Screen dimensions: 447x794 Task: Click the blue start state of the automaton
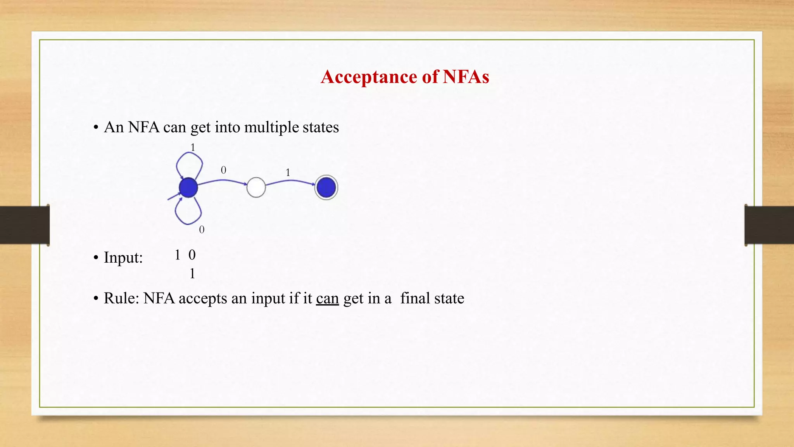tap(188, 187)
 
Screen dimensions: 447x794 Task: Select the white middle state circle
tap(256, 187)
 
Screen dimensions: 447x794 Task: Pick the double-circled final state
tap(326, 187)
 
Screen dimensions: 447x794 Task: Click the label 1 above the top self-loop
tap(193, 147)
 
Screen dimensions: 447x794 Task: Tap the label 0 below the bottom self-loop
tap(202, 230)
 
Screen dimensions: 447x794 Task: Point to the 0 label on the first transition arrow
tap(223, 170)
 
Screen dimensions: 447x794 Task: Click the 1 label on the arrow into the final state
tap(288, 172)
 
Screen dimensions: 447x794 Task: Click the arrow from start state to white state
tap(223, 180)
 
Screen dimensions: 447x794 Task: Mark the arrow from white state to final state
tap(291, 181)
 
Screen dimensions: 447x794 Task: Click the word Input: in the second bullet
tap(123, 258)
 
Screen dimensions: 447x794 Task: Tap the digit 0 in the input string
tap(192, 255)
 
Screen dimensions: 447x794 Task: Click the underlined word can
tap(327, 298)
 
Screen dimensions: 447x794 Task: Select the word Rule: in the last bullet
tap(121, 298)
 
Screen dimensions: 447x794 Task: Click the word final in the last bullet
tap(415, 298)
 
